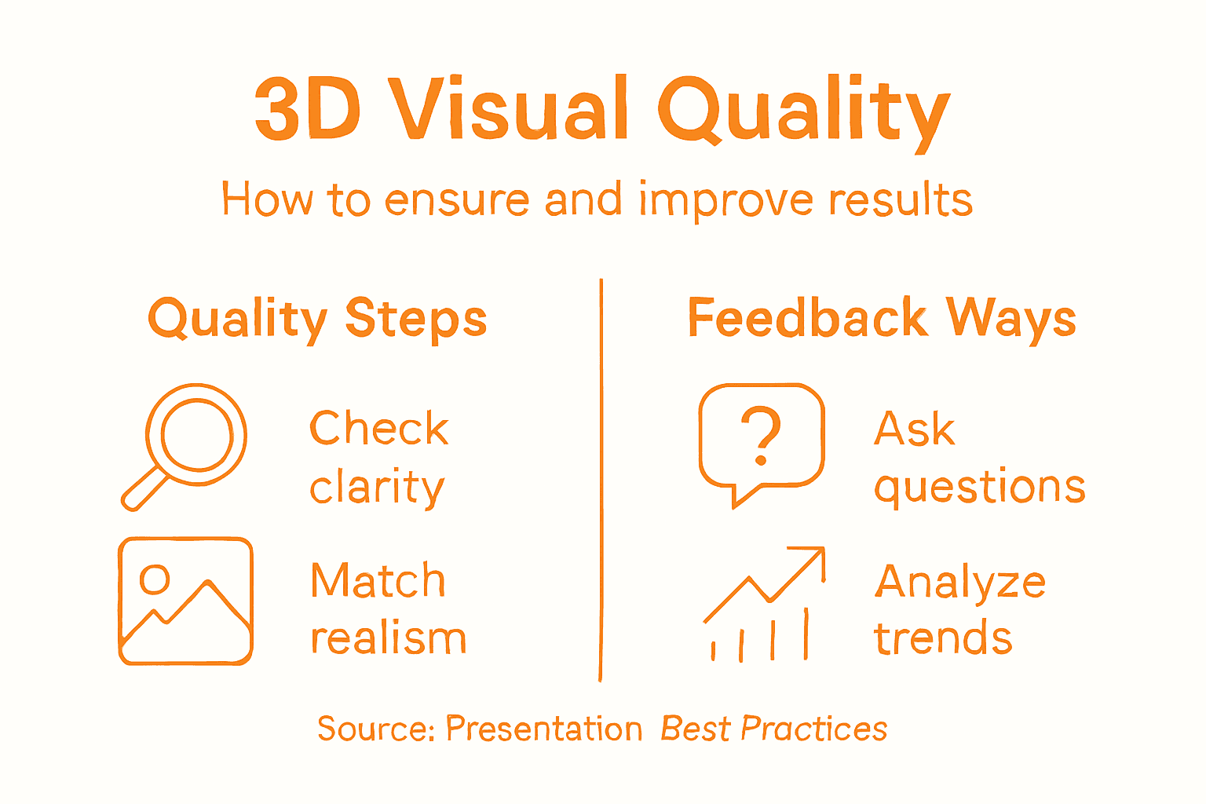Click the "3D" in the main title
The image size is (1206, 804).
[308, 110]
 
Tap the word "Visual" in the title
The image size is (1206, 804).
[510, 110]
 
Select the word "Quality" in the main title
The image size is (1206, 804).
[802, 111]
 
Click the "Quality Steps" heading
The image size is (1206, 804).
[317, 320]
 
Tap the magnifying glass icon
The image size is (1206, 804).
[196, 434]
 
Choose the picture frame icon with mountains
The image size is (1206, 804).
[185, 601]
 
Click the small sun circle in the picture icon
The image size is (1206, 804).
[154, 579]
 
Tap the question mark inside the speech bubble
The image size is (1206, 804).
[761, 434]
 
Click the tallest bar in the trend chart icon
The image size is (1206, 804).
[806, 634]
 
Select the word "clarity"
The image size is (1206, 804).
[377, 488]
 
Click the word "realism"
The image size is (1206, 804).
[388, 638]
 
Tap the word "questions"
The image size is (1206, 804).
[979, 488]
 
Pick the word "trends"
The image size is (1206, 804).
[943, 638]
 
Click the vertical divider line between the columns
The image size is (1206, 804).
[601, 479]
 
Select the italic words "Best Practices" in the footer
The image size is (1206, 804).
[773, 729]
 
